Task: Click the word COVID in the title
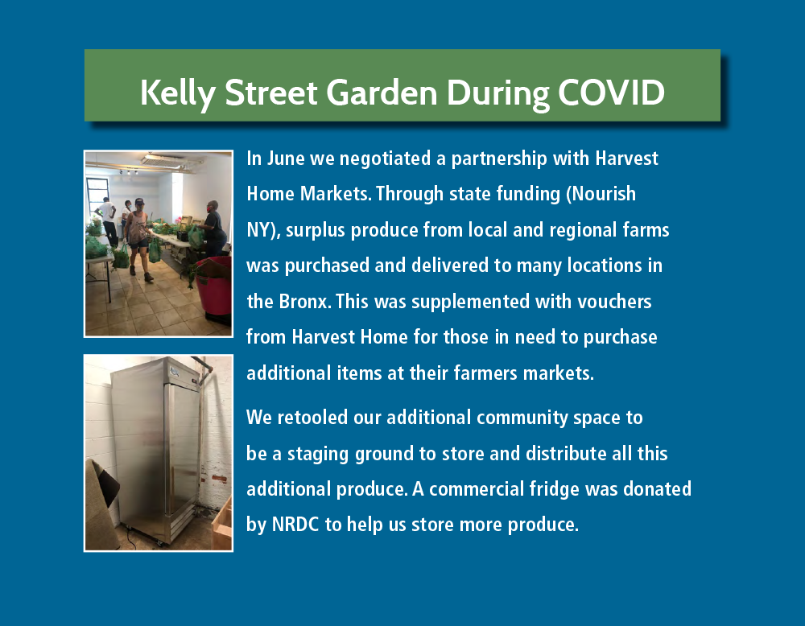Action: [x=612, y=93]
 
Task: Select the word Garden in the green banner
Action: [x=382, y=93]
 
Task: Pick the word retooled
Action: [x=312, y=418]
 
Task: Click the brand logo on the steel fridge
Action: [x=175, y=371]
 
